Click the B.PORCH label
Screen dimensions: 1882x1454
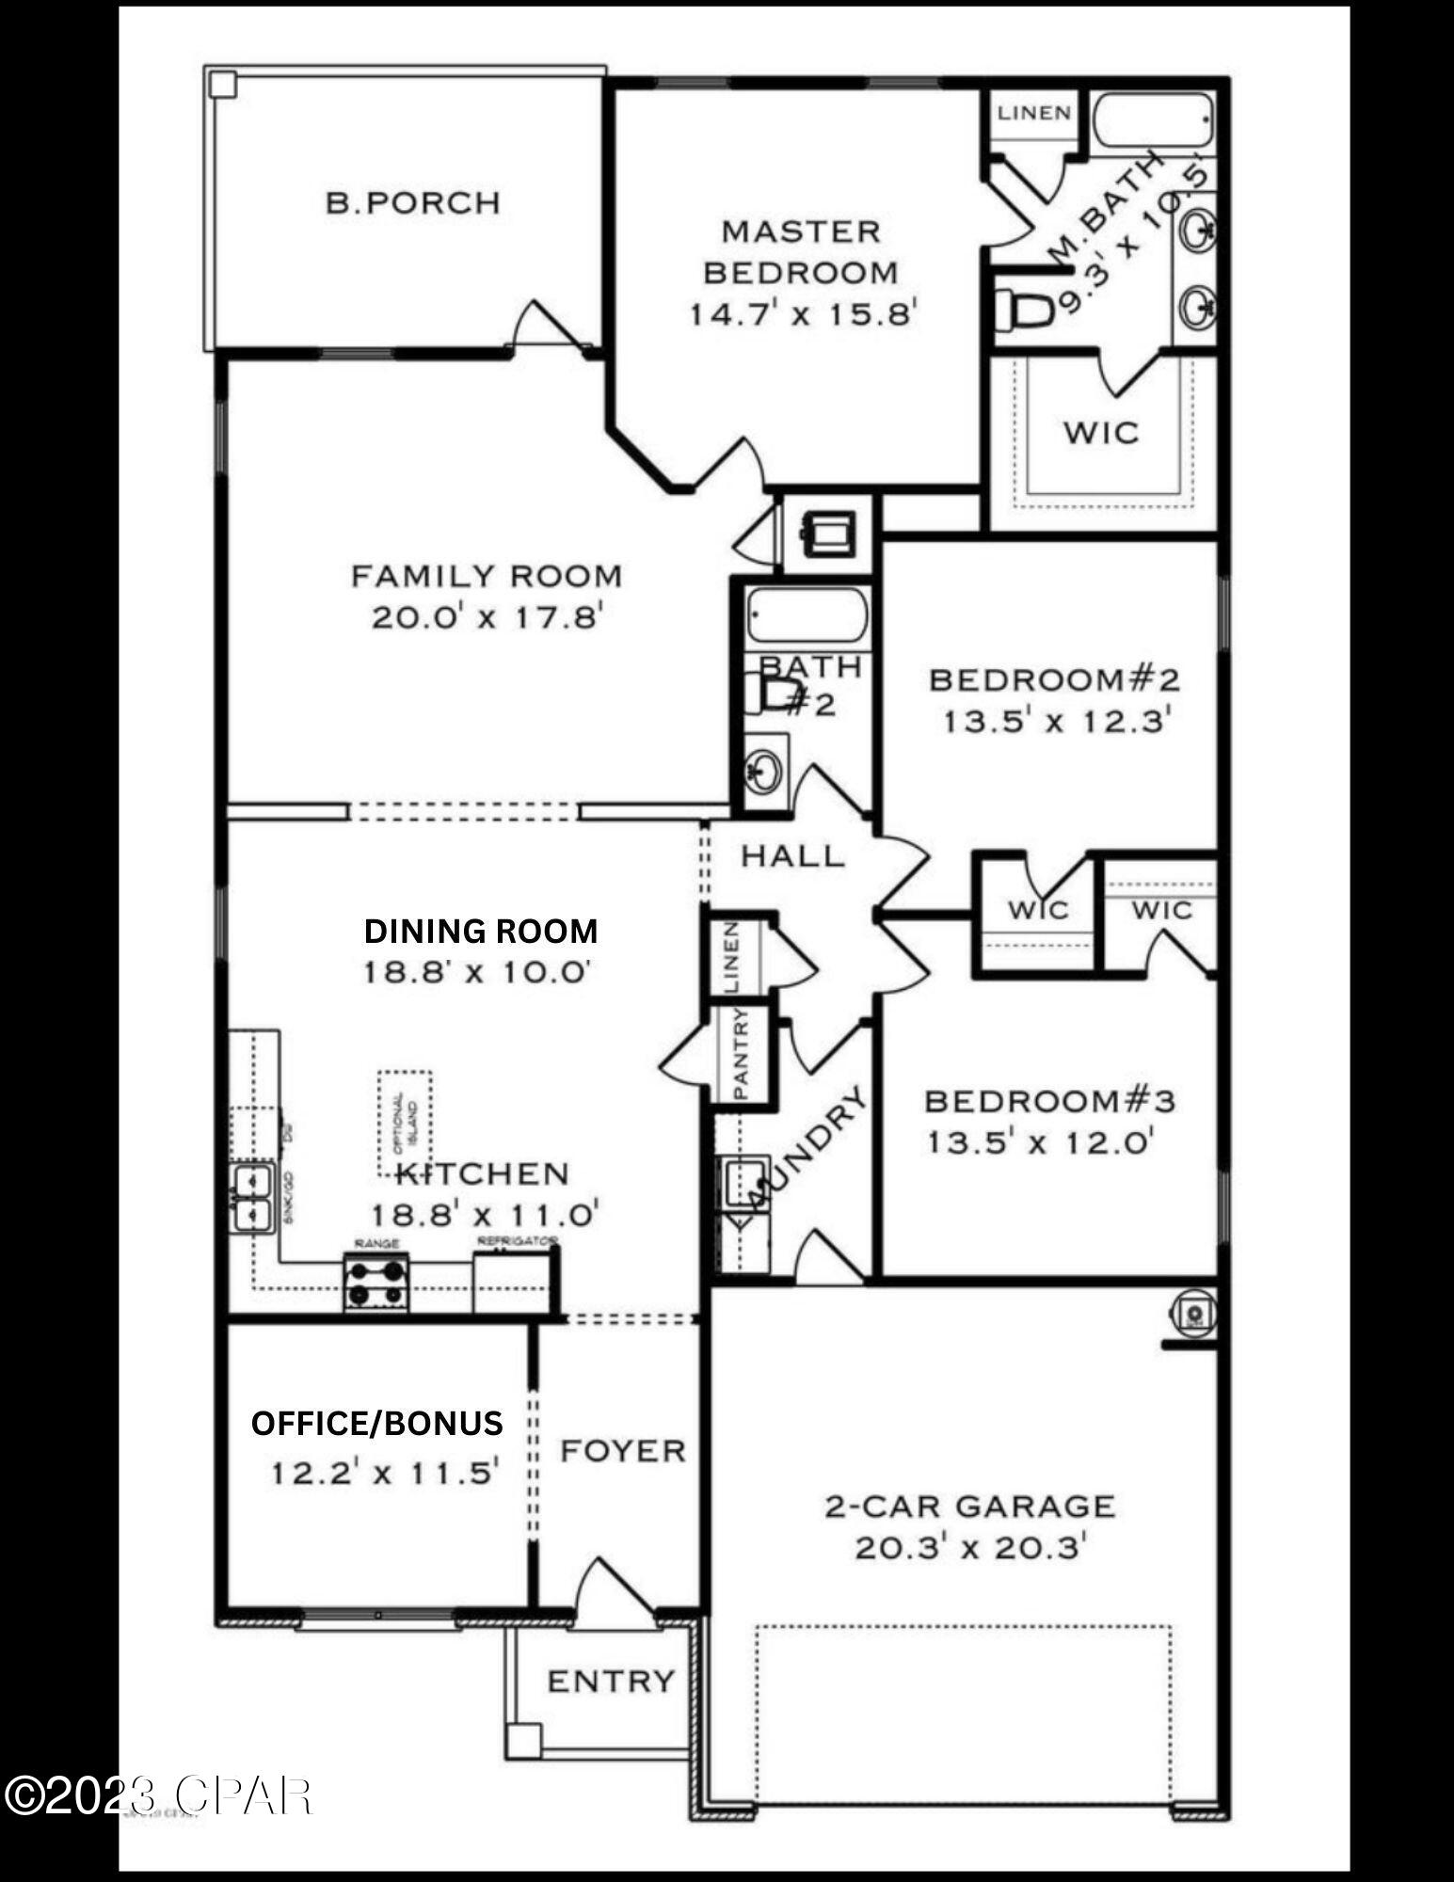coord(412,203)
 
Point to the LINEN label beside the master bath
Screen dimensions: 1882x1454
coord(1034,114)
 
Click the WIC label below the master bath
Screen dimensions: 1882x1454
coord(1101,434)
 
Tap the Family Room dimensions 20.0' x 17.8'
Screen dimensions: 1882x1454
coord(486,618)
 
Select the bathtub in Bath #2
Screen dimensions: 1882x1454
coord(807,615)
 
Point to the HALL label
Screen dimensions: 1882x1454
coord(792,856)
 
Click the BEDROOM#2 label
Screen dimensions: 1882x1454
coord(1054,679)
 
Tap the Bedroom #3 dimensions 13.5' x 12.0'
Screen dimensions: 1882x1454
coord(1041,1143)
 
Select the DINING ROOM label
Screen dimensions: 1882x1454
coord(481,932)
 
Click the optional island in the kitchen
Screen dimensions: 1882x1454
coord(405,1122)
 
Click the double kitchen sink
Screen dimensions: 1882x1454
coord(251,1197)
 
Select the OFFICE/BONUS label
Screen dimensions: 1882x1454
coord(376,1424)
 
